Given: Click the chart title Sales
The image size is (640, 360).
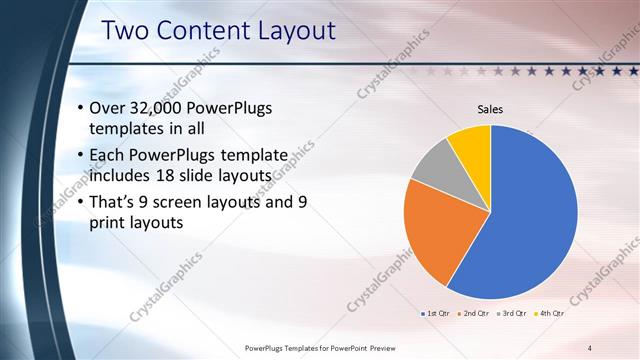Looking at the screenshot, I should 490,109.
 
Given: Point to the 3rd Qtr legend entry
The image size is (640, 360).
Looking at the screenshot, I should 510,314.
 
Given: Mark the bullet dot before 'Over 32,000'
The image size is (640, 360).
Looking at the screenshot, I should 80,108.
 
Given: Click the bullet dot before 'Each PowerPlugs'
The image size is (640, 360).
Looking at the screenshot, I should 80,155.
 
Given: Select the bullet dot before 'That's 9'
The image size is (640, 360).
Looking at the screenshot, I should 80,202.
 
